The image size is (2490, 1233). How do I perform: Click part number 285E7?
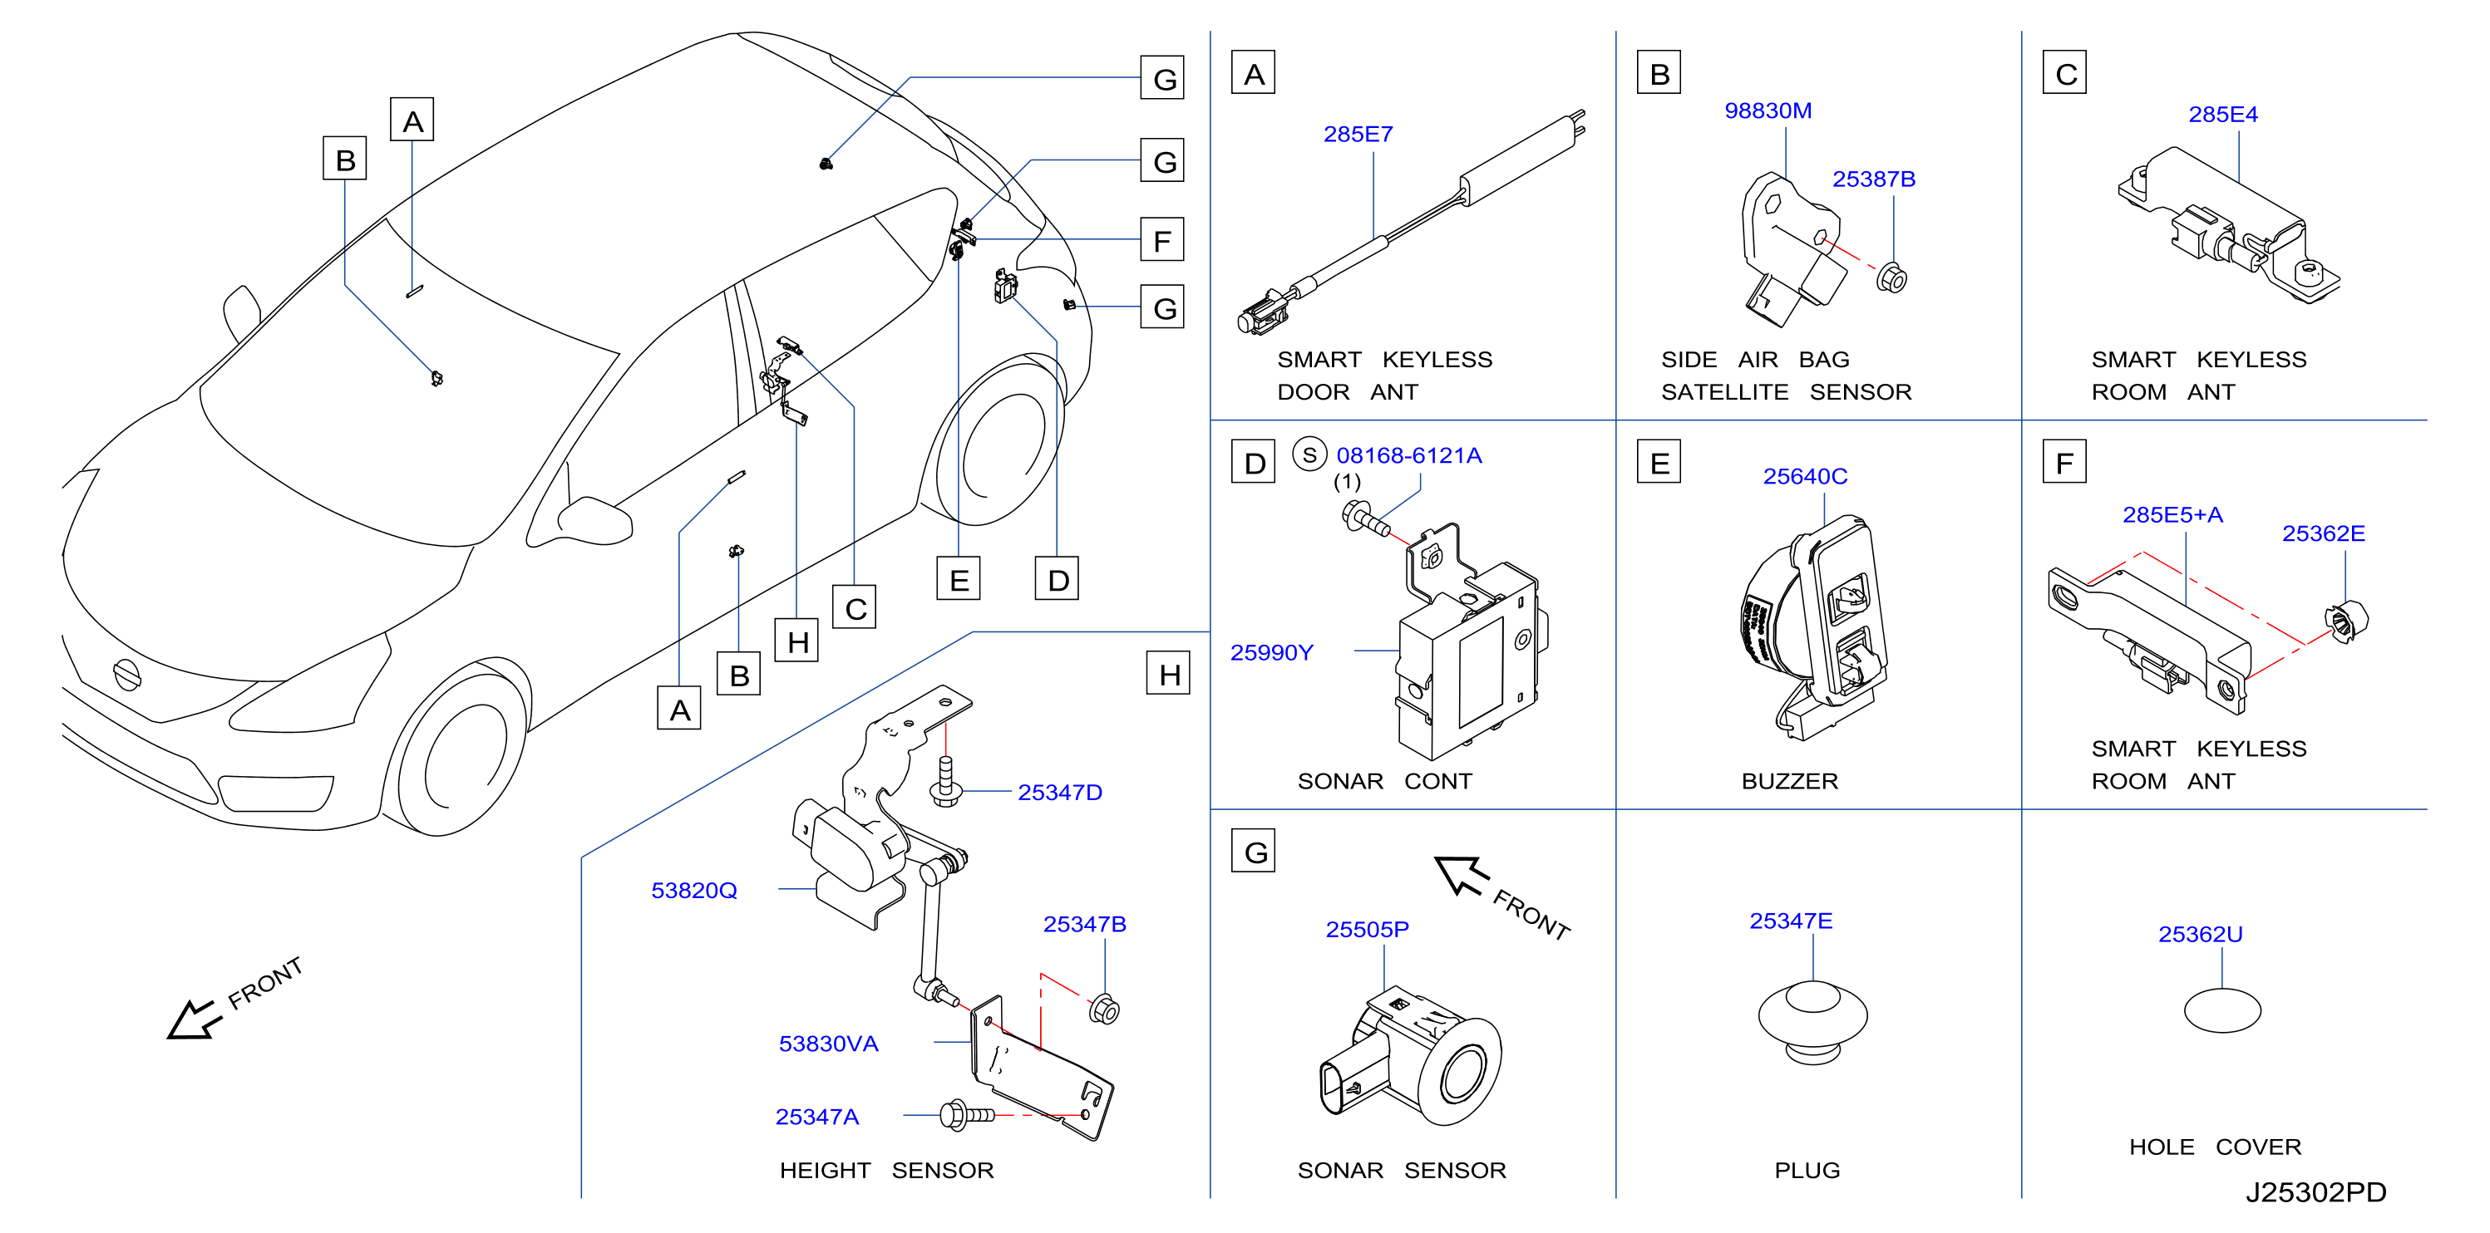(1358, 135)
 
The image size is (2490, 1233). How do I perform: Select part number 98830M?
(1768, 111)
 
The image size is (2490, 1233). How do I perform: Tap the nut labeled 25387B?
(1891, 278)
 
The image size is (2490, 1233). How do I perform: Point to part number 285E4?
(2223, 115)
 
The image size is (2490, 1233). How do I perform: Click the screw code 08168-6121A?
(1408, 455)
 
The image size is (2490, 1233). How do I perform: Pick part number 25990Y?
(1271, 653)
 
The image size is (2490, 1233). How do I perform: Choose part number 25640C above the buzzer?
(1805, 476)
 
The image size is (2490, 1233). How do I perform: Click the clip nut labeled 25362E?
(2346, 621)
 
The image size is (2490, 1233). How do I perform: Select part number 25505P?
(1367, 930)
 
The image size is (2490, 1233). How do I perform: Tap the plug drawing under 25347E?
(1812, 1022)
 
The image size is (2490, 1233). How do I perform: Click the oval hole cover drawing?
(2222, 1012)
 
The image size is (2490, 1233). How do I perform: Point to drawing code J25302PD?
(2316, 1192)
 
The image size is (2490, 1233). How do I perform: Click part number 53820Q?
(694, 891)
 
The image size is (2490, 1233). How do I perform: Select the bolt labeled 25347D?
(945, 782)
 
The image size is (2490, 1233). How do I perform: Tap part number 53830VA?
(828, 1044)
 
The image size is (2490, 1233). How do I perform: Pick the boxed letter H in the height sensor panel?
(1169, 674)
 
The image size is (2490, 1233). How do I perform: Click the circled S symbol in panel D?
(1309, 455)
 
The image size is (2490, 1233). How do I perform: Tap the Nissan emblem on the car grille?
(126, 674)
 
